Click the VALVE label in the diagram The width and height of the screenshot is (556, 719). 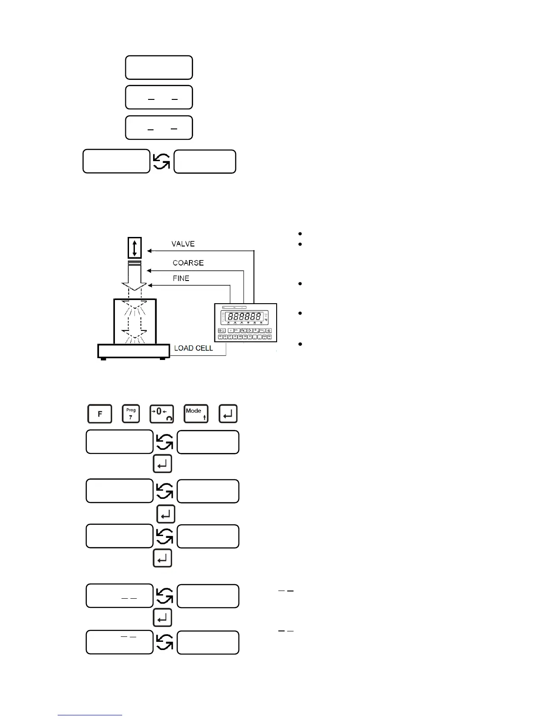pos(183,244)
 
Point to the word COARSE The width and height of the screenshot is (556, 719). pos(188,263)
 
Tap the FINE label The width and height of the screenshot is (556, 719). pos(181,278)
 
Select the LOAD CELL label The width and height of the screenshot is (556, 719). pos(194,348)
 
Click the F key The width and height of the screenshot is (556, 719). pos(99,414)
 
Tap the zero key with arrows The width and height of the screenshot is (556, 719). pos(161,414)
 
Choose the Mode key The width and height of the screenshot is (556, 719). pos(196,414)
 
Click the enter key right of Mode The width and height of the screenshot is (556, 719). pos(228,414)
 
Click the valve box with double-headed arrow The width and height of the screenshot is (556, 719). pos(134,248)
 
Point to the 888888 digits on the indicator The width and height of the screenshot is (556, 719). pos(244,316)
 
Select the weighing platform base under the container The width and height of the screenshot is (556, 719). pos(134,351)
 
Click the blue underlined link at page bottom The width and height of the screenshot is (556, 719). pos(90,715)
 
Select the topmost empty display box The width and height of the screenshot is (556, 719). pos(159,68)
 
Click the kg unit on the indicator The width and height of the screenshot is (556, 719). pos(266,320)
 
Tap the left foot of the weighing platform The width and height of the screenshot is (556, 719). pos(104,359)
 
